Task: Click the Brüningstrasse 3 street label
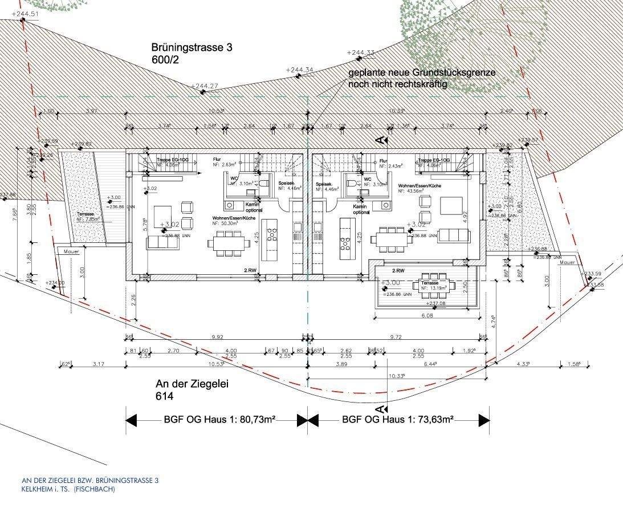click(192, 48)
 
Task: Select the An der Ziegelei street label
click(192, 384)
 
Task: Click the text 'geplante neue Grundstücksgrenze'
click(422, 74)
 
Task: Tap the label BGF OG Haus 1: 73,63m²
click(398, 420)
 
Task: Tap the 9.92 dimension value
click(217, 337)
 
